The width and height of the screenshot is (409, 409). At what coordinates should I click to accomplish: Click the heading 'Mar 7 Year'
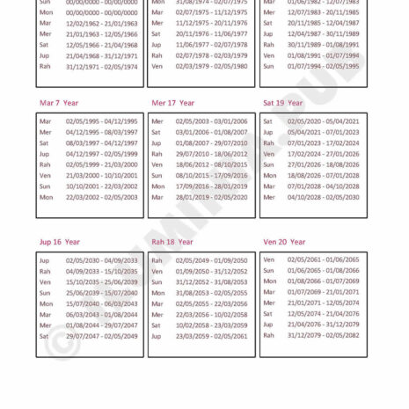[58, 103]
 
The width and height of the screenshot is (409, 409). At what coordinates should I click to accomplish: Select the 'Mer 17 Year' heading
[172, 103]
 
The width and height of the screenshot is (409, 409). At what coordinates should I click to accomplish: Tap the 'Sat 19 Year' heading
[283, 103]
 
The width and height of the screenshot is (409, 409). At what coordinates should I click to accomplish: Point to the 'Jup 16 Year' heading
[59, 242]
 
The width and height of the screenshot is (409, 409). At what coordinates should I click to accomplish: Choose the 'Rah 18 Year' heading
[172, 242]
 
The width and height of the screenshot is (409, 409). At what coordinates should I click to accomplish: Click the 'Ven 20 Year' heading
[284, 242]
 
